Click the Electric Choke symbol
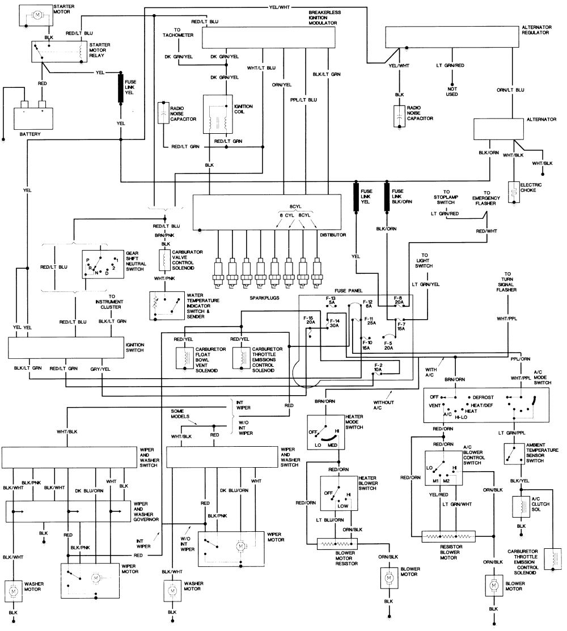click(x=515, y=193)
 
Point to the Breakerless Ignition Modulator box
click(x=272, y=37)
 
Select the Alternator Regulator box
click(x=459, y=38)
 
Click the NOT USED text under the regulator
click(x=452, y=92)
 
